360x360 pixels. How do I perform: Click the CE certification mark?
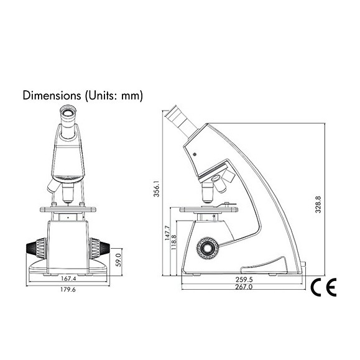323,287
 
